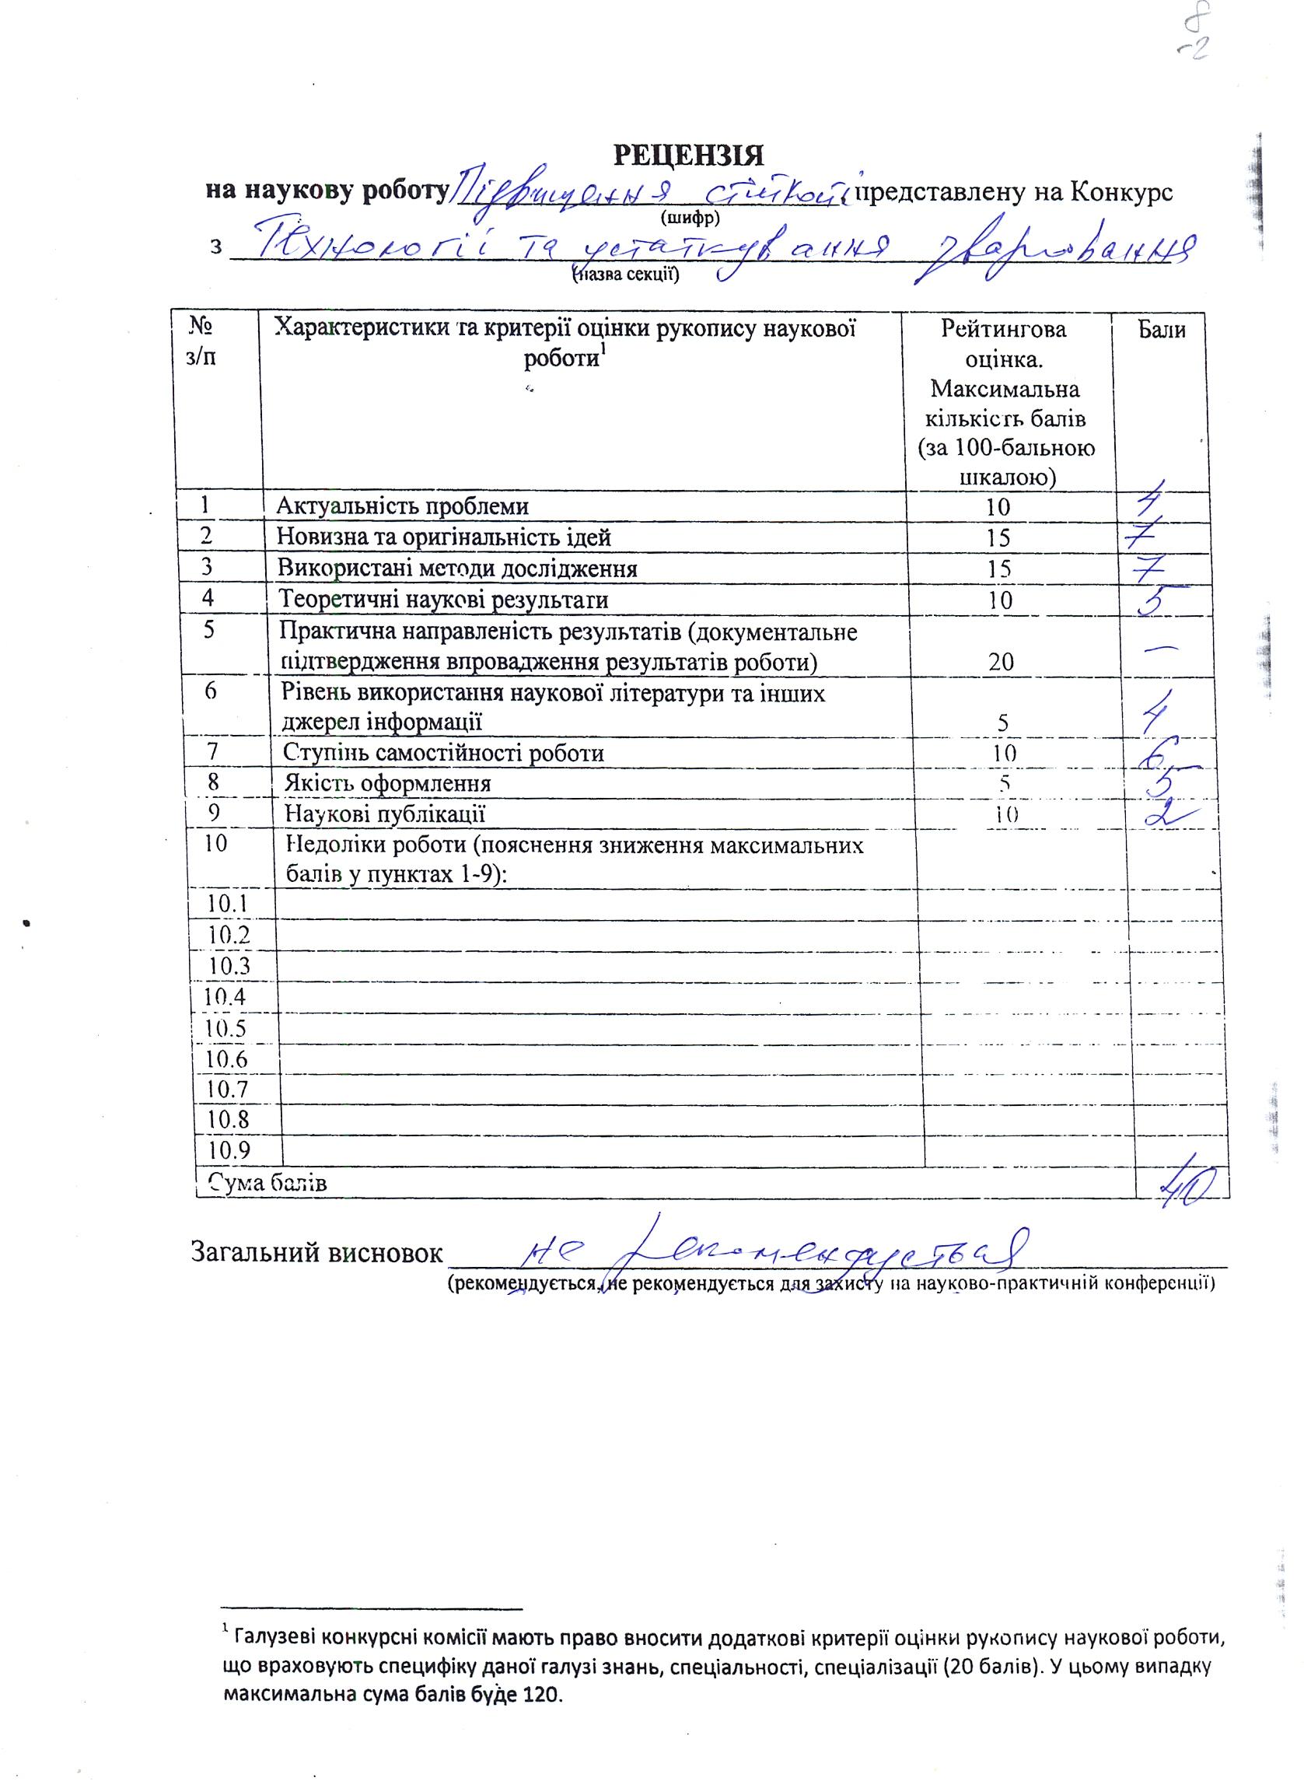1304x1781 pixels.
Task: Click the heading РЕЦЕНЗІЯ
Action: pos(689,156)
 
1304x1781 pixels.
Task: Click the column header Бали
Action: pos(1161,329)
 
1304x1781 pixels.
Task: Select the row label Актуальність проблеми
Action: pos(403,506)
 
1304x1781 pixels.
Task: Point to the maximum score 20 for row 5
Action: pos(1000,662)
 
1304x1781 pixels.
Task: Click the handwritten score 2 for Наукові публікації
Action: pos(1166,814)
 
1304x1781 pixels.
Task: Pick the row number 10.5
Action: pos(226,1028)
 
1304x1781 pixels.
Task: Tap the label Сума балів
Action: pos(267,1183)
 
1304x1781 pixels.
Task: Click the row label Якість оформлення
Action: pos(387,783)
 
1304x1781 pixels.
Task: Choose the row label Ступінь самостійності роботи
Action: pos(445,752)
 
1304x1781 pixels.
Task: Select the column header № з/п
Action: pos(203,341)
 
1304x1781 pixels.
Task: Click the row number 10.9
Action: pos(226,1150)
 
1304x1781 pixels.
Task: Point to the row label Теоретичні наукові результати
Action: pos(445,600)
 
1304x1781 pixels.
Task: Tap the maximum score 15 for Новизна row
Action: pos(998,537)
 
